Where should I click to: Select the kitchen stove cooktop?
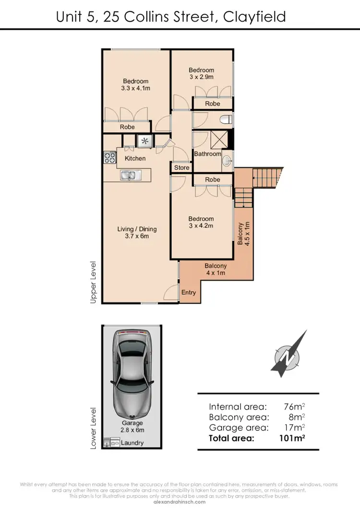point(110,157)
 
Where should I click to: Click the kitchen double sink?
point(129,176)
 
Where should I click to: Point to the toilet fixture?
point(226,119)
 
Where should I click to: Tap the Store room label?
point(181,168)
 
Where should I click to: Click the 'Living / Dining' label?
point(137,229)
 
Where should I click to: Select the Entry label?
point(188,292)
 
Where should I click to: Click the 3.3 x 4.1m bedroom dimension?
point(136,88)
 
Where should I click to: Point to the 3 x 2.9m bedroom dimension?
point(201,77)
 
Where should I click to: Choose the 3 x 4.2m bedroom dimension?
point(201,225)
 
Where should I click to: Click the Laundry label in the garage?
point(132,443)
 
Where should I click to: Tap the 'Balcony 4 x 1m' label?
point(216,269)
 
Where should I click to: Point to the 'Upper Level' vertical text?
point(93,282)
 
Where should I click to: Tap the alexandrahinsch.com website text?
point(180,502)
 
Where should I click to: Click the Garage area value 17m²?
point(295,427)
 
